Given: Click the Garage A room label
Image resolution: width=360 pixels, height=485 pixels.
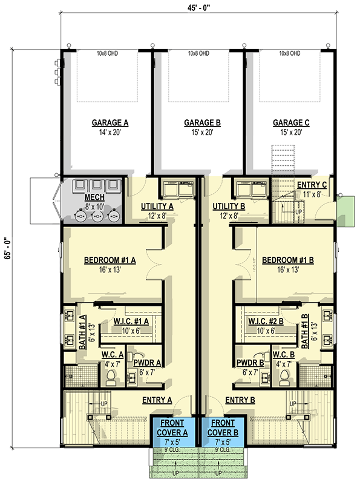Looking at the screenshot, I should [x=110, y=122].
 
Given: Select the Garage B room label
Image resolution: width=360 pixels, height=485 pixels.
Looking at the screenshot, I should [x=202, y=122].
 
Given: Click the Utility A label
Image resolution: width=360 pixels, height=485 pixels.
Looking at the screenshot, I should [x=157, y=206].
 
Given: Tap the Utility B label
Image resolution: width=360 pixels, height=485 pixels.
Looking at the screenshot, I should [x=228, y=206].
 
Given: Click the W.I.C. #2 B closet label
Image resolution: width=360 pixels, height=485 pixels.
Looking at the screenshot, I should [x=264, y=321].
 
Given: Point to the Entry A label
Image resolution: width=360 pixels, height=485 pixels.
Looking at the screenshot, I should [x=157, y=400].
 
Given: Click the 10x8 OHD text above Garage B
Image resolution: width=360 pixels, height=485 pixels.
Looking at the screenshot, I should [x=198, y=54].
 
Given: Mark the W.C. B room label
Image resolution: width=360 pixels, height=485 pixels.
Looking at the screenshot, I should [x=283, y=355].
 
